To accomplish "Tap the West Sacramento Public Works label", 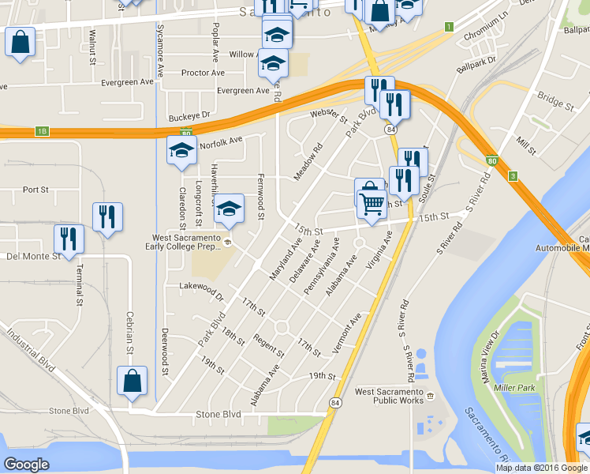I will (389, 396).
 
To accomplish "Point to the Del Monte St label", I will (34, 256).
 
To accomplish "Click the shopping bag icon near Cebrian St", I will (132, 381).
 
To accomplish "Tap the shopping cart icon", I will (372, 204).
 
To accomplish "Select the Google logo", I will (26, 465).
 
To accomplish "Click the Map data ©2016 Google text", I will (541, 468).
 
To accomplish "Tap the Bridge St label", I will (555, 100).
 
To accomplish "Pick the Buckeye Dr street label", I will (192, 117).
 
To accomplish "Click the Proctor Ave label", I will (203, 73).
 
